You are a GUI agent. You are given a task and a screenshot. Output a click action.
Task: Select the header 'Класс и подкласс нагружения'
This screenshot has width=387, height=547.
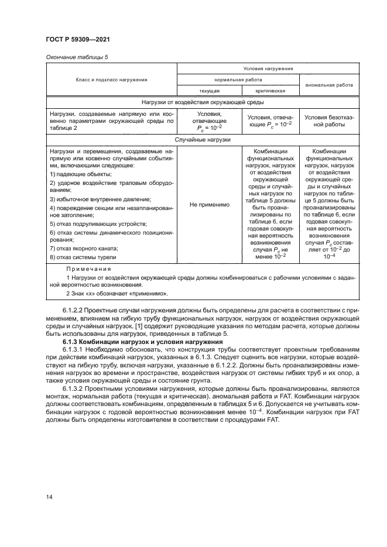coord(111,79)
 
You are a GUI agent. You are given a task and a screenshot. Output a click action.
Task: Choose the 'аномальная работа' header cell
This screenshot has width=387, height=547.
coord(328,84)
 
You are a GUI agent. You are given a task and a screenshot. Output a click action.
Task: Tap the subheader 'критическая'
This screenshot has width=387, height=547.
coord(270,91)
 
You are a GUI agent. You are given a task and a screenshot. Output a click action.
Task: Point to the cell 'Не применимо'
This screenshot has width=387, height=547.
coord(209,205)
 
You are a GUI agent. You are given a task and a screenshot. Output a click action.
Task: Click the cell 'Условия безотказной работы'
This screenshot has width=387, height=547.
coord(328,120)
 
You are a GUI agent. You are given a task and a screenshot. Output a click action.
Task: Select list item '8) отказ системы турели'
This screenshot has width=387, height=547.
coord(83,256)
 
